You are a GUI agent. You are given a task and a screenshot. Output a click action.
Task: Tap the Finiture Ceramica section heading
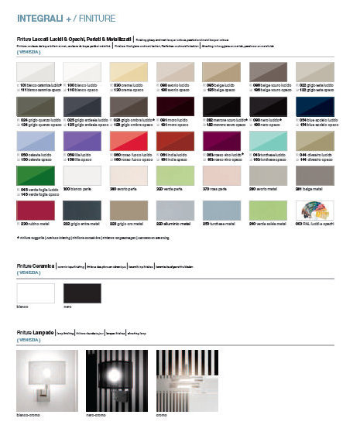[x=38, y=266]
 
